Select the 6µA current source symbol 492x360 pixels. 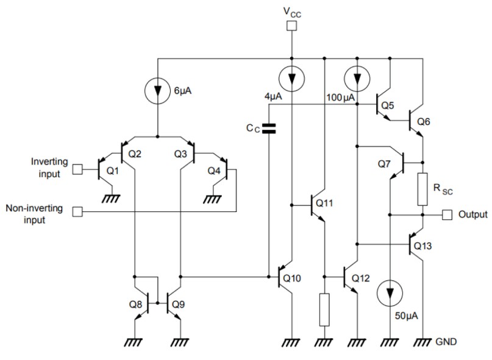click(x=158, y=90)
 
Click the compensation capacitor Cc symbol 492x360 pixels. click(x=268, y=129)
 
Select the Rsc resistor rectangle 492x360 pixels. click(x=422, y=188)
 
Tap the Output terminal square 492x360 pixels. click(x=447, y=214)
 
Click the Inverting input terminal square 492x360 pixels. click(x=77, y=169)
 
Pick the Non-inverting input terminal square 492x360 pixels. click(x=77, y=212)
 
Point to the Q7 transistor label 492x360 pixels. click(x=383, y=165)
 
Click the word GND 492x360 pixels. click(x=446, y=342)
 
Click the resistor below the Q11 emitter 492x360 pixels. click(x=324, y=309)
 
